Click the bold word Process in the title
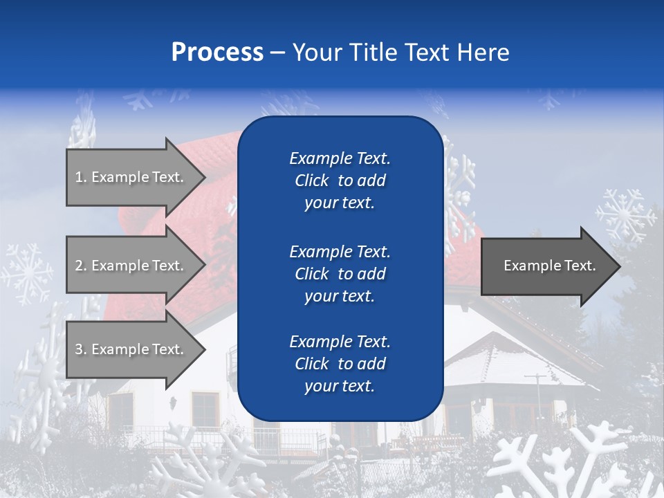point(217,53)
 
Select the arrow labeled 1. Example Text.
point(131,177)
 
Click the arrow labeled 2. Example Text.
point(131,266)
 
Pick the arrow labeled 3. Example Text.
point(131,349)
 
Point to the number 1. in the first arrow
point(80,177)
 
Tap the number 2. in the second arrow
point(81,266)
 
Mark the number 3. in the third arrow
point(81,349)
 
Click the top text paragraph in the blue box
point(340,181)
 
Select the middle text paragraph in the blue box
point(340,274)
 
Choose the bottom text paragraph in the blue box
point(340,364)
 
